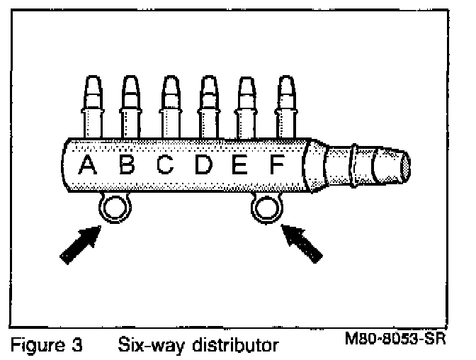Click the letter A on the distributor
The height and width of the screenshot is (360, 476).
[x=87, y=166]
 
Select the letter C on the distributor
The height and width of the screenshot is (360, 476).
[x=164, y=166]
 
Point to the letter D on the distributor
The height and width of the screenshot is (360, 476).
[x=203, y=166]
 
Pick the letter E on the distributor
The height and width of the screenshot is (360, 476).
[x=239, y=166]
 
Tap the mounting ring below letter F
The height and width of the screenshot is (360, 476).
[x=266, y=208]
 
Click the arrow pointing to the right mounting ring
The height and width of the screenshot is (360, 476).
[x=302, y=242]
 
